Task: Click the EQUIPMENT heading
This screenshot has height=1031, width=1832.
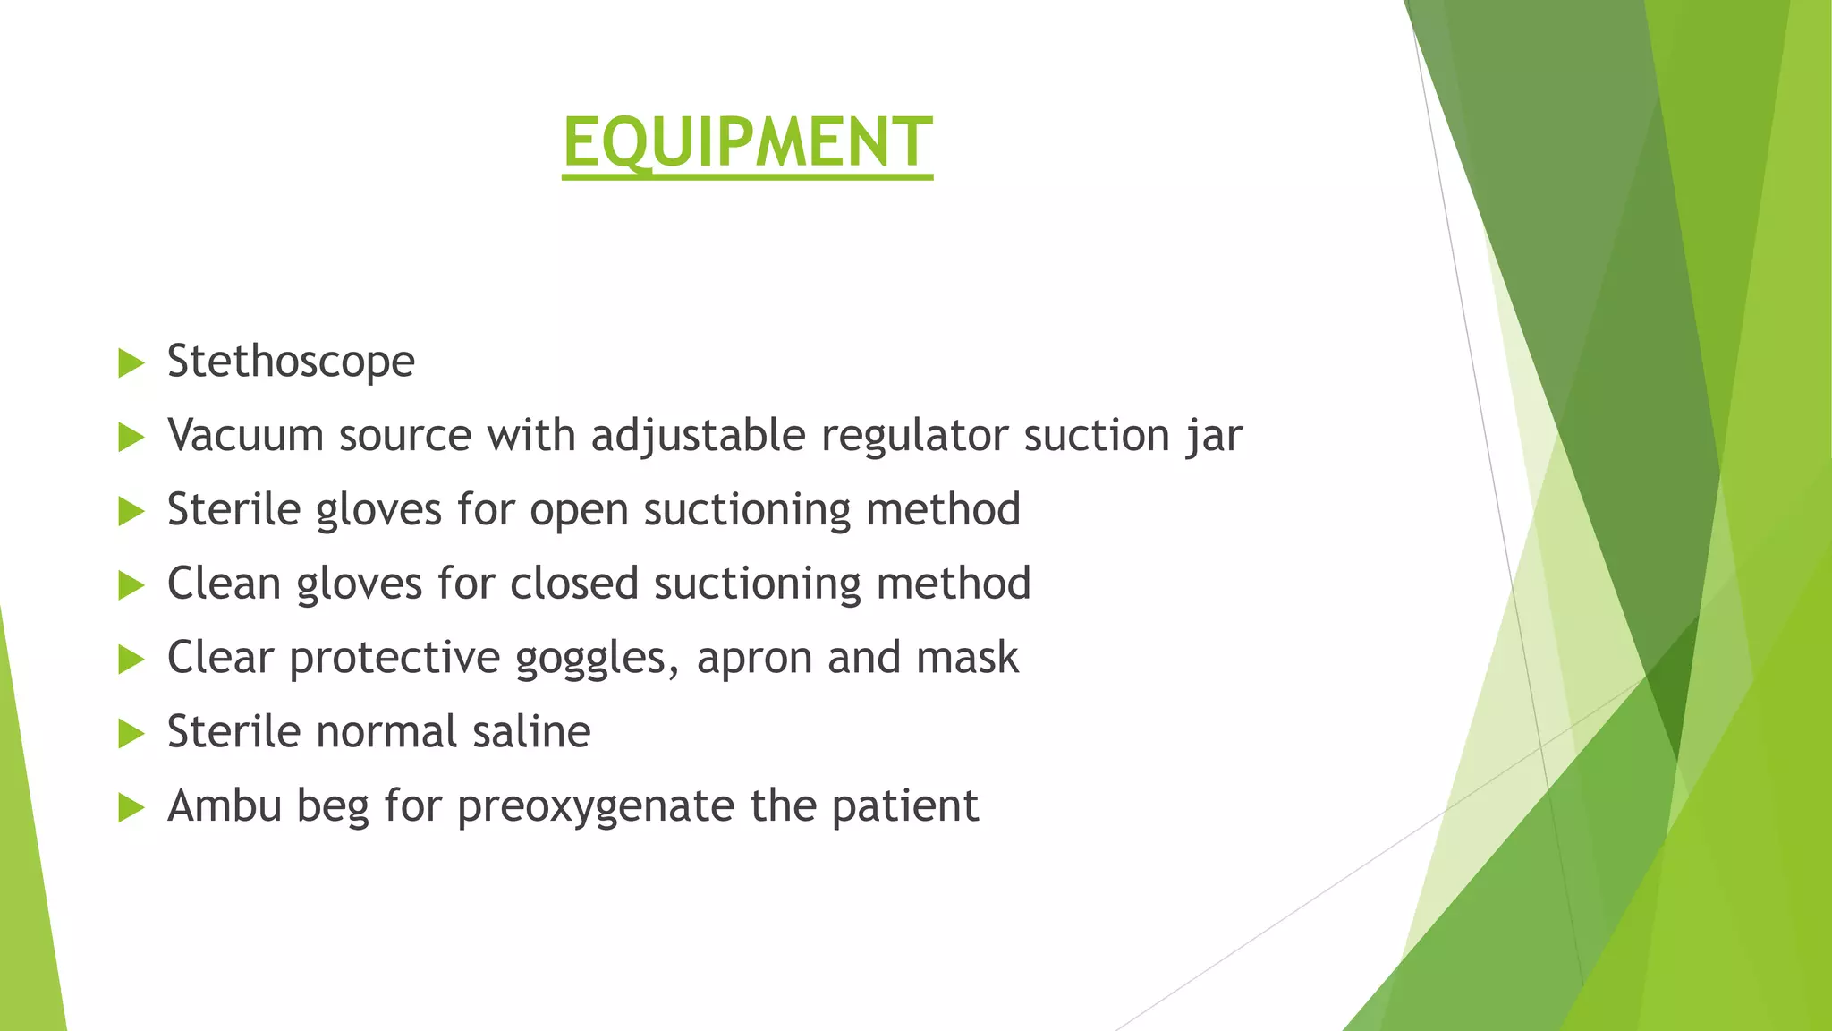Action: click(747, 142)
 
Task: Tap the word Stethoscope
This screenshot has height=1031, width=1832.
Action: click(291, 362)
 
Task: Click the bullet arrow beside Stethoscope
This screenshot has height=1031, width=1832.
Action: click(131, 363)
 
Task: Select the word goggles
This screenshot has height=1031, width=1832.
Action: click(590, 659)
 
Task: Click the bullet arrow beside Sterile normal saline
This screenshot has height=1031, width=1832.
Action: click(131, 734)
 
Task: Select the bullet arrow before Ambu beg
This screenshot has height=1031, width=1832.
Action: click(131, 808)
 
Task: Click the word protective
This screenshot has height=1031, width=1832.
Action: click(394, 659)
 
